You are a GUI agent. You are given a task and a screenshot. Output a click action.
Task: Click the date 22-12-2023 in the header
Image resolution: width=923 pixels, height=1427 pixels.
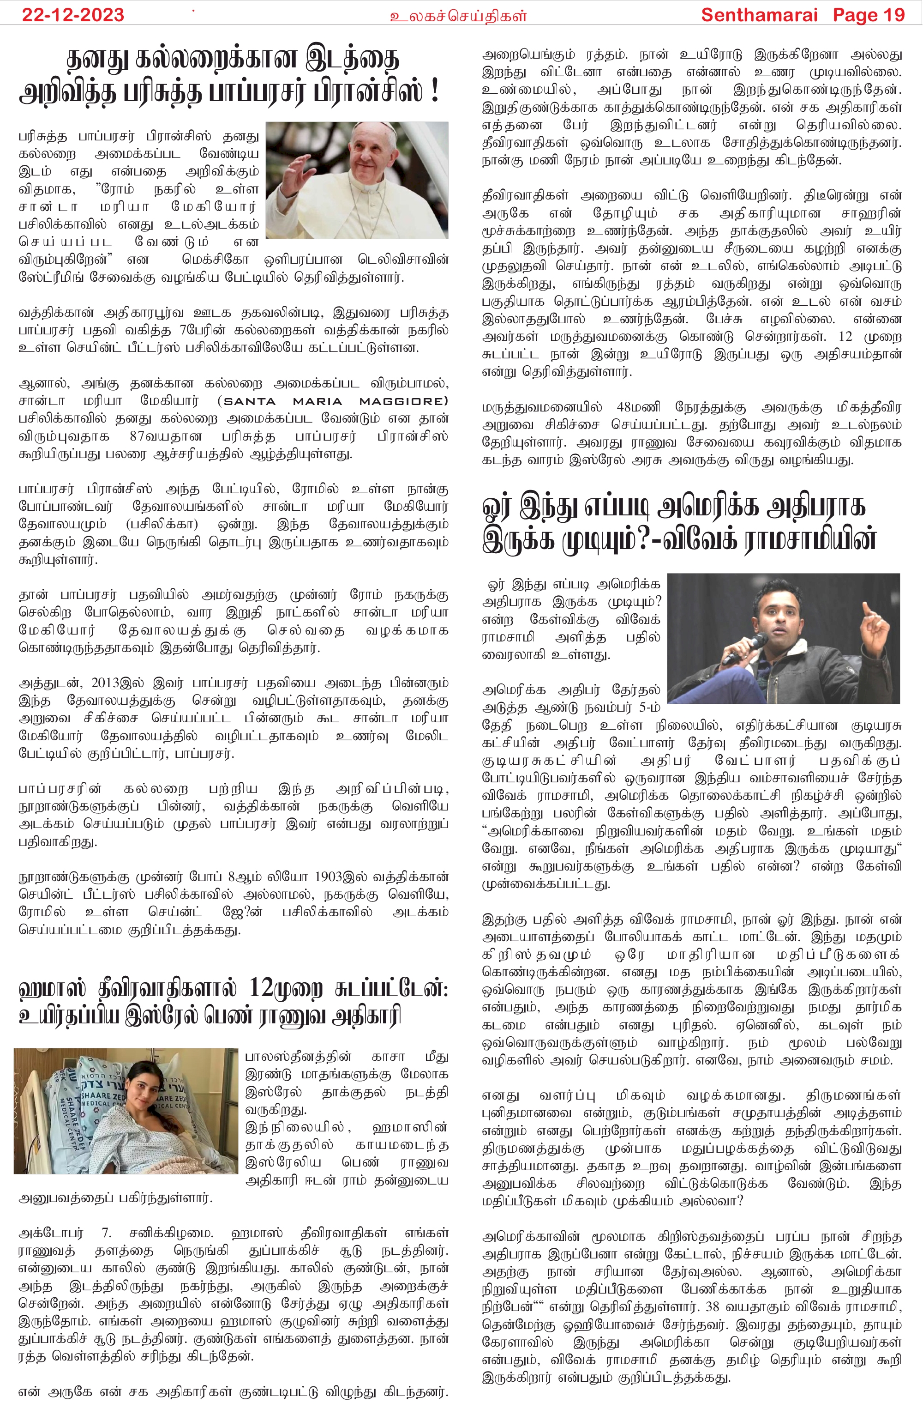[72, 14]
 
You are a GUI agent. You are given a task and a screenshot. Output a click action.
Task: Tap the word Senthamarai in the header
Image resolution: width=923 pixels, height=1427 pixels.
[759, 14]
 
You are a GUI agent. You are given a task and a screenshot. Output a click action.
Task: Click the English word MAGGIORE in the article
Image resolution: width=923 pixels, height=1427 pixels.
[403, 401]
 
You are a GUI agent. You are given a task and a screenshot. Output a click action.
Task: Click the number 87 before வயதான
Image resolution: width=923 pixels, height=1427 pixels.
[137, 436]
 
